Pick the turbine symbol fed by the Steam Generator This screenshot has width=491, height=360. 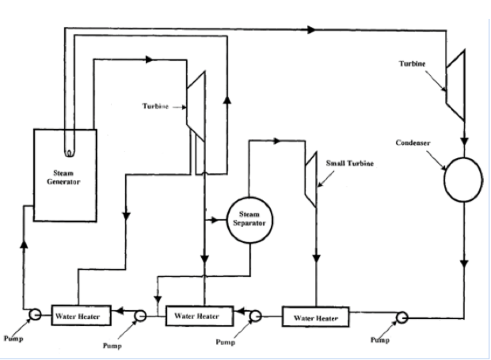[197, 106]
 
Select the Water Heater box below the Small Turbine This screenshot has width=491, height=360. [316, 318]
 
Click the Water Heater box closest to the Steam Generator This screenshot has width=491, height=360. [81, 316]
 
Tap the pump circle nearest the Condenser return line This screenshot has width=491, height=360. [402, 317]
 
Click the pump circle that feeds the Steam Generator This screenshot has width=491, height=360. [35, 314]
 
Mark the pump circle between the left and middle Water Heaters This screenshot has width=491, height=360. [140, 316]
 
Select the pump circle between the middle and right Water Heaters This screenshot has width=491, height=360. [255, 316]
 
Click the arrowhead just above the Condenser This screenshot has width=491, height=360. [464, 142]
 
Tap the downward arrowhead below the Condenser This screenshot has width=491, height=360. [464, 264]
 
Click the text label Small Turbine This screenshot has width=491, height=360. [350, 163]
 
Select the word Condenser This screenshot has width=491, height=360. [413, 143]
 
